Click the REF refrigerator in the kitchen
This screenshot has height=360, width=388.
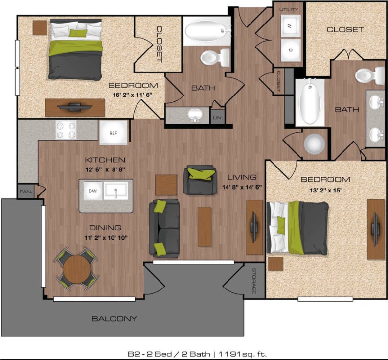pos(114,132)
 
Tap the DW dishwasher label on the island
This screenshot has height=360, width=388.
pos(92,191)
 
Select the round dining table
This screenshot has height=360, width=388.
pos(77,268)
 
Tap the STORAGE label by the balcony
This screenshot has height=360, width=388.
pos(254,281)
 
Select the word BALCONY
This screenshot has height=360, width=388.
pos(114,319)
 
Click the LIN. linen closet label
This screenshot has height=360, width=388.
pos(217,118)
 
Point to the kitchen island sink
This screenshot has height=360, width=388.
pos(116,191)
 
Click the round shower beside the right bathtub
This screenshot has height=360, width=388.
pos(314,144)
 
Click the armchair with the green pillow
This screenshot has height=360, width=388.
pos(200,180)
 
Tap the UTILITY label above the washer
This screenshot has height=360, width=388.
pos(289,9)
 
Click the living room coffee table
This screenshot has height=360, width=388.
pos(205,226)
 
